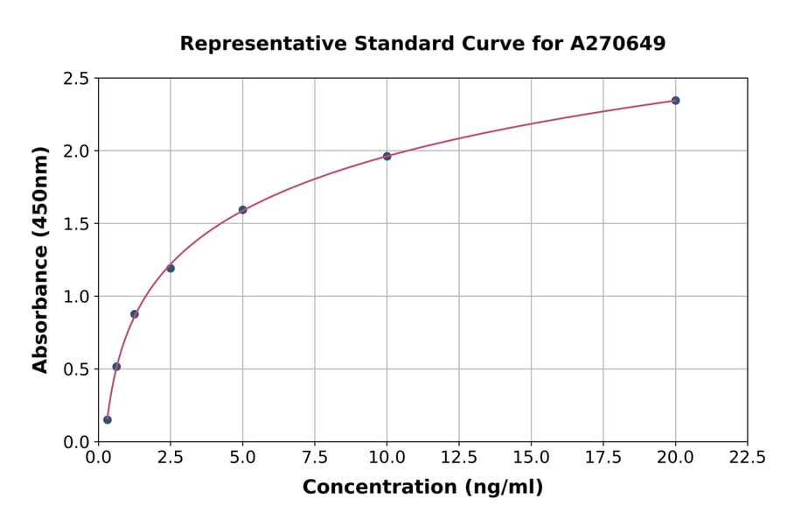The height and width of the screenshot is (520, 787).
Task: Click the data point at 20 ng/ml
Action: (x=675, y=101)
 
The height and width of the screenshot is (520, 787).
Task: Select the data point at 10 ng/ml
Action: (x=387, y=156)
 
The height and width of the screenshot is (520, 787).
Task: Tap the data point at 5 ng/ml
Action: (x=242, y=210)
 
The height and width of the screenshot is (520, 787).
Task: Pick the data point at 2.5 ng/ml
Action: (x=171, y=268)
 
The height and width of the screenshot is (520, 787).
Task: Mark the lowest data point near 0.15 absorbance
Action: (x=108, y=419)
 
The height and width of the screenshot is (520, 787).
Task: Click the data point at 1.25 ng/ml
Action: (x=135, y=313)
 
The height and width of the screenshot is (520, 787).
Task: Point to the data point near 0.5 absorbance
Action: (x=116, y=367)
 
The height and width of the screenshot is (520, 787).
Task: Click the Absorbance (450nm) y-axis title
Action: (x=40, y=259)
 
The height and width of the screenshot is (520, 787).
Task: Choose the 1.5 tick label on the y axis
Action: (x=77, y=224)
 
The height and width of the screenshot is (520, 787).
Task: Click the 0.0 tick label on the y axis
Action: (x=77, y=442)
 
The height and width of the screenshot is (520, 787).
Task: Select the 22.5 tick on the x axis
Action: (x=747, y=458)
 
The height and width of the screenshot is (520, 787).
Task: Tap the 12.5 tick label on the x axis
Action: (x=459, y=458)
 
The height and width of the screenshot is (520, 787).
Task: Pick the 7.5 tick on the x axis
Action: (x=315, y=458)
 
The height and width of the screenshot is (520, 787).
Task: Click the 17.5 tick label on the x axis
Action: (x=603, y=458)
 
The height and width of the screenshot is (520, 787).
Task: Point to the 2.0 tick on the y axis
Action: (x=77, y=151)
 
